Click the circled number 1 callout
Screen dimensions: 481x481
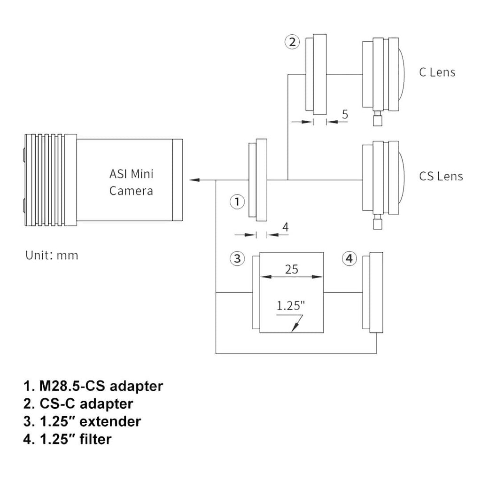[237, 202]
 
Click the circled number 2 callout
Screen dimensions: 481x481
[292, 42]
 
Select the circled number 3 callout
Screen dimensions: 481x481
[237, 258]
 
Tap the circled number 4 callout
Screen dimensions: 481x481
[349, 258]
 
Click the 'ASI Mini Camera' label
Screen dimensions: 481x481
[131, 182]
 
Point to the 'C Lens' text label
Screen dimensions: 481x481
[437, 72]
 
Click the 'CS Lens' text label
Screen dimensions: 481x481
[441, 176]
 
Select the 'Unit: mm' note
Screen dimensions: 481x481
[52, 256]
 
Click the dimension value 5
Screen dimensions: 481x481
[345, 114]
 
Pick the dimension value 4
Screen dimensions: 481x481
[285, 227]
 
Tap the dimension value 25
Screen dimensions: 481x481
[291, 269]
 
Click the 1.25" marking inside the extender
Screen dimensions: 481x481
[291, 306]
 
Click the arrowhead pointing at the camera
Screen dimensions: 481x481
[194, 179]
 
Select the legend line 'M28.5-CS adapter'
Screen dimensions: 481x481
[93, 386]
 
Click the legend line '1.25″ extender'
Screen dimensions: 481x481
[82, 421]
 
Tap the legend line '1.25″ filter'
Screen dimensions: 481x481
[68, 439]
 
